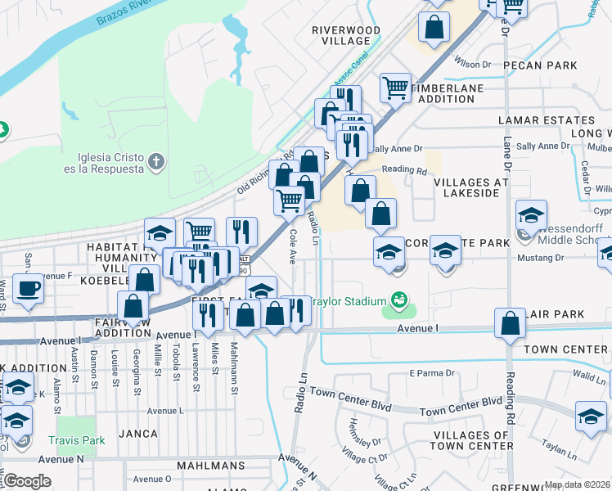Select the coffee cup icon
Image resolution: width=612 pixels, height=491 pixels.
[x=29, y=289]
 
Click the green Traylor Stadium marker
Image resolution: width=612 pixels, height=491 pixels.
[x=398, y=299]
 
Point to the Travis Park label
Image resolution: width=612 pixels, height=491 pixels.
[x=78, y=439]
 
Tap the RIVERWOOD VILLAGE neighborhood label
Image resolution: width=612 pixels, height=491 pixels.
[x=346, y=35]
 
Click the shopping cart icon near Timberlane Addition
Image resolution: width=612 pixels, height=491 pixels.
[x=395, y=86]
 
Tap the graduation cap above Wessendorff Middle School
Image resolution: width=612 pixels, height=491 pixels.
[x=531, y=216]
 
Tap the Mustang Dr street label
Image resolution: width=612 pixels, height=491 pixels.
[x=541, y=258]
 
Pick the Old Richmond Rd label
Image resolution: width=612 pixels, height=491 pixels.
[x=264, y=172]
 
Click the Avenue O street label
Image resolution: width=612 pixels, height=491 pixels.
[x=151, y=479]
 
